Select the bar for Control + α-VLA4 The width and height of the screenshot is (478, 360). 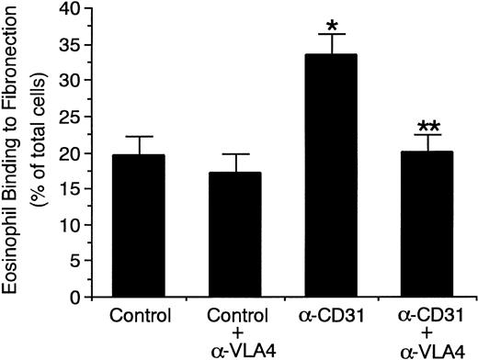234,235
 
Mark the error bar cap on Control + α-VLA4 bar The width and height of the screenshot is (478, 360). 234,154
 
